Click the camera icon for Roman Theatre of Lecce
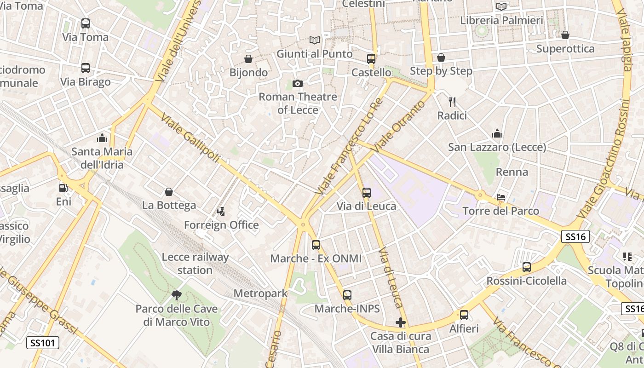click(298, 83)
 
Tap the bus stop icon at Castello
click(371, 58)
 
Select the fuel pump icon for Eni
click(63, 188)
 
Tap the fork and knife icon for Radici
click(452, 102)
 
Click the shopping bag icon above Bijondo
click(248, 59)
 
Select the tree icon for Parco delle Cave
click(176, 295)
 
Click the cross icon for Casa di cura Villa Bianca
click(401, 322)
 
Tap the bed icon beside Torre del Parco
click(501, 197)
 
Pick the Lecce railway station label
click(195, 263)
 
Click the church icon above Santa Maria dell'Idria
click(102, 138)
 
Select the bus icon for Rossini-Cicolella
click(527, 267)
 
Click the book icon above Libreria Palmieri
click(501, 6)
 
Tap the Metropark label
click(260, 293)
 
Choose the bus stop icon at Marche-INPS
click(347, 295)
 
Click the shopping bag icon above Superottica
click(565, 35)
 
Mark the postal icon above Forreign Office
click(221, 211)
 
